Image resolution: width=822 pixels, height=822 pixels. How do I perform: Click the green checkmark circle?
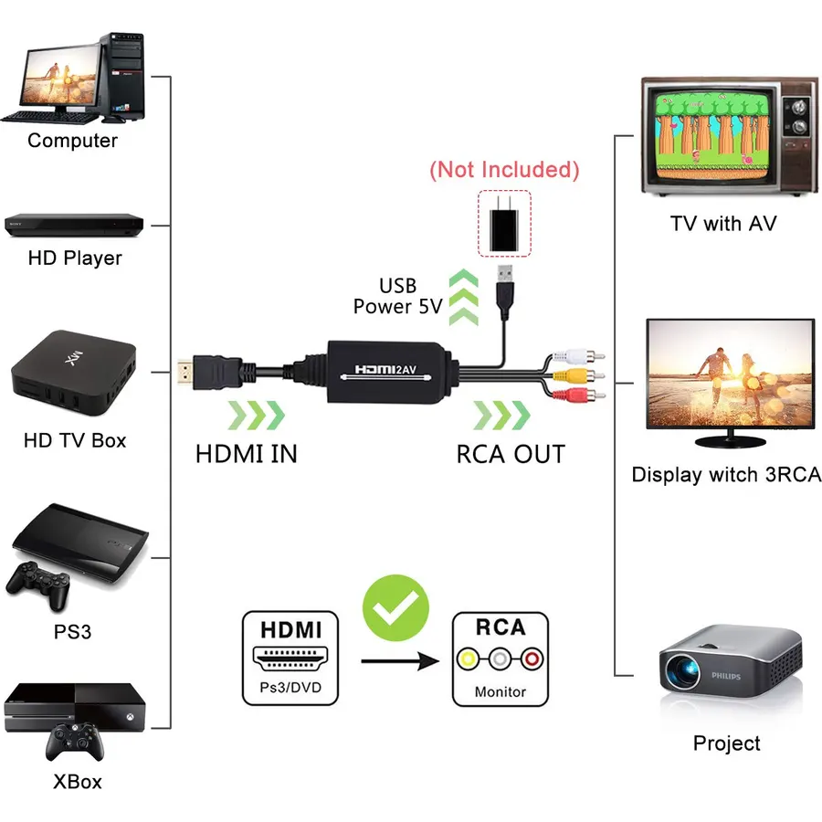tap(395, 607)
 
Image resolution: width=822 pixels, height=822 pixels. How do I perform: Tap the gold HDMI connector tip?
tap(185, 372)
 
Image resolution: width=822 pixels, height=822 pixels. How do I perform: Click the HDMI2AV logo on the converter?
tap(385, 370)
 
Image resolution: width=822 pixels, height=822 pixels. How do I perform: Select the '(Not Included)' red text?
tap(504, 170)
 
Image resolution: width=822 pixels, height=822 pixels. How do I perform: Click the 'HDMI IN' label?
tap(247, 454)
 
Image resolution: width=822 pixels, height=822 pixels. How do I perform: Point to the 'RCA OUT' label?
tap(511, 454)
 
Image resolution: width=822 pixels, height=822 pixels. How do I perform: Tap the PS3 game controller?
tap(38, 585)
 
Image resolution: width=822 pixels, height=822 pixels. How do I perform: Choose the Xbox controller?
tap(75, 742)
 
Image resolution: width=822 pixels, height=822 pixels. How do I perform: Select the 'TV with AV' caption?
tap(723, 224)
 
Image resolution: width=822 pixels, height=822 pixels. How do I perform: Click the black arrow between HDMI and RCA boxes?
tap(400, 661)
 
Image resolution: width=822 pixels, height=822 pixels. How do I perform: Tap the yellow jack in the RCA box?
tap(469, 659)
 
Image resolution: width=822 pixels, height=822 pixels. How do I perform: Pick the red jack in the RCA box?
tap(532, 659)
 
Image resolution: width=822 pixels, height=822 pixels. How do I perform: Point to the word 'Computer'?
tap(73, 141)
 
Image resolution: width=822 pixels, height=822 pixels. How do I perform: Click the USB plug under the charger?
tap(505, 292)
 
